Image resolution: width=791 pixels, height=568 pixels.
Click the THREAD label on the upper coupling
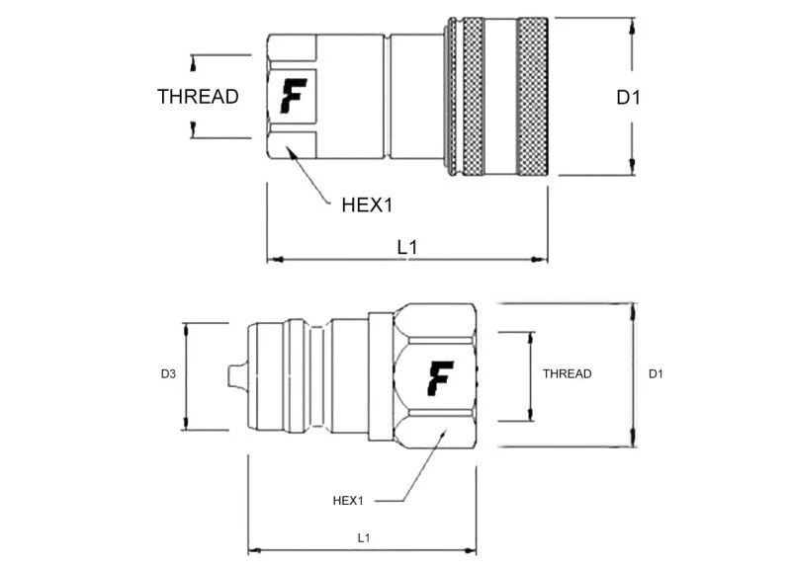click(x=198, y=96)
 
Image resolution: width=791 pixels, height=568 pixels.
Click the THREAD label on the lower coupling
click(x=567, y=373)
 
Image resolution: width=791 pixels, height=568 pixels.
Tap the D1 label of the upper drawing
click(x=629, y=97)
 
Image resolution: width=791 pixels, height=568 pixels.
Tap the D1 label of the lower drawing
click(x=656, y=373)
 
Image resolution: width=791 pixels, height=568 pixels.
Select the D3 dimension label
click(x=168, y=374)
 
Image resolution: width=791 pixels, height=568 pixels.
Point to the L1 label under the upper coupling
click(x=406, y=247)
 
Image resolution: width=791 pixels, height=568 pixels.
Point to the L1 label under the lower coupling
click(x=363, y=537)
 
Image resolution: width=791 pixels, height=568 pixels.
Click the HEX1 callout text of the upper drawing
click(x=367, y=205)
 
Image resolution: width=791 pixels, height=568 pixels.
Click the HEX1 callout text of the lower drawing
click(x=348, y=501)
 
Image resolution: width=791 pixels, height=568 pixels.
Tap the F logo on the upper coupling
click(x=292, y=96)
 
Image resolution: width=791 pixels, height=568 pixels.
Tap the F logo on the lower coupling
click(x=440, y=376)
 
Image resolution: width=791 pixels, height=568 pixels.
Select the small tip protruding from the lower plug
click(x=235, y=375)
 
